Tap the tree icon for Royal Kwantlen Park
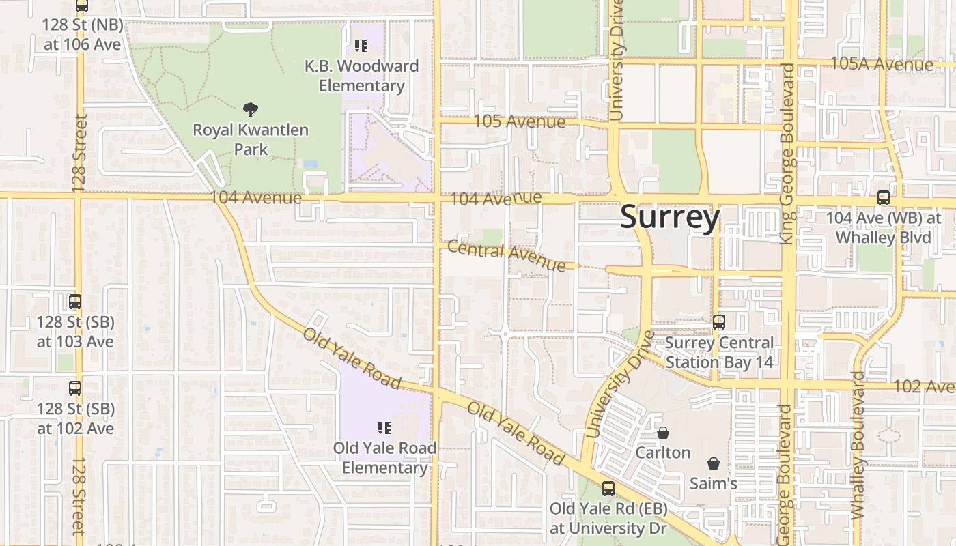click(251, 109)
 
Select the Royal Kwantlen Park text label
click(251, 139)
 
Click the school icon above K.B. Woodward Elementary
click(361, 46)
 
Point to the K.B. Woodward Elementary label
click(361, 76)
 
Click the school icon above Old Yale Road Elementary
click(384, 428)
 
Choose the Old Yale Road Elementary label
click(384, 458)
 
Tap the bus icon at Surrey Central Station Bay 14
click(718, 322)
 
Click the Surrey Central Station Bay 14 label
click(719, 352)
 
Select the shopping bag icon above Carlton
click(662, 433)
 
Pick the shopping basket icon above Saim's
click(713, 463)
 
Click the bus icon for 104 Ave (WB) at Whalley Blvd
click(883, 198)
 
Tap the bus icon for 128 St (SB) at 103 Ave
click(75, 302)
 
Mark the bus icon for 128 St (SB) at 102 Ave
click(75, 388)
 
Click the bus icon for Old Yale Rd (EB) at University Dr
click(608, 489)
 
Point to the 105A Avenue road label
click(881, 65)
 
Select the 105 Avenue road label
click(519, 121)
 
